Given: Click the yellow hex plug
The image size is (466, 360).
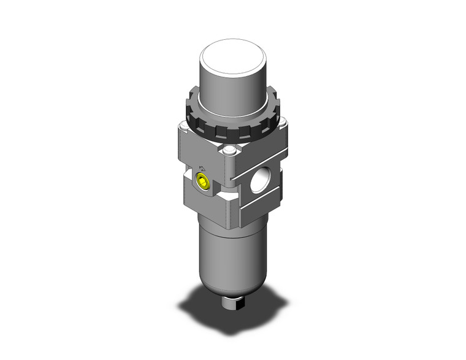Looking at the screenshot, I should coord(202,182).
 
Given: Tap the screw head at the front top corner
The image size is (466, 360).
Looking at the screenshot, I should coord(229,151).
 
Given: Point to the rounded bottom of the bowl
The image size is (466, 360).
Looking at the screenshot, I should coord(230,288).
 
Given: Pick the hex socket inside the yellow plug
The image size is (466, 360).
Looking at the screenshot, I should coord(201,182).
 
